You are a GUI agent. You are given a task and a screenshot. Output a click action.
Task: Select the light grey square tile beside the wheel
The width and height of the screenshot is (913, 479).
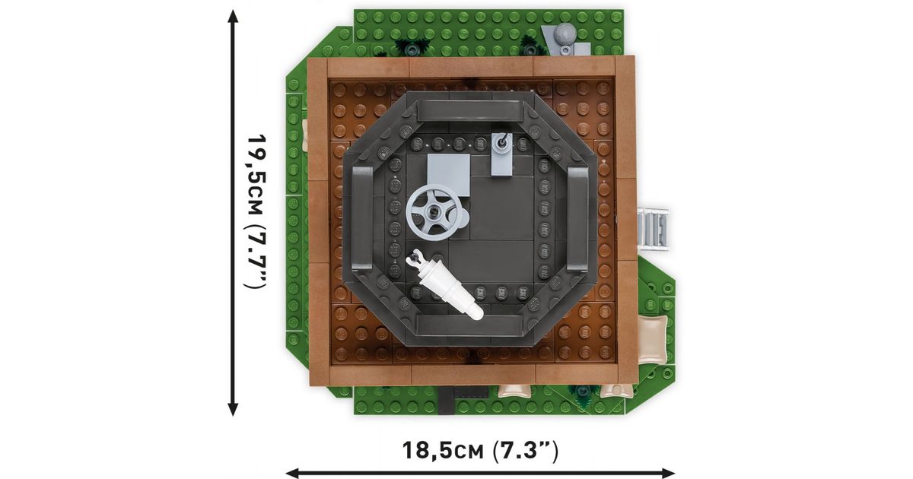tap(448, 174)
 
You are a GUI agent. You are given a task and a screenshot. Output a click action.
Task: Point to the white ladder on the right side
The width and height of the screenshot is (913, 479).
tap(653, 228)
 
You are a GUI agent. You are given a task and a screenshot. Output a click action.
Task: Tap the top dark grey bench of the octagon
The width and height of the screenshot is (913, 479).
tap(470, 110)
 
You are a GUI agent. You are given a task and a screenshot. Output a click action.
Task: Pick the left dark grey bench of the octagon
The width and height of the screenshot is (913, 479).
tap(362, 218)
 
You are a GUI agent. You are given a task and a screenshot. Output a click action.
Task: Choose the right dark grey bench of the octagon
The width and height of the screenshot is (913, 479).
tap(577, 218)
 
